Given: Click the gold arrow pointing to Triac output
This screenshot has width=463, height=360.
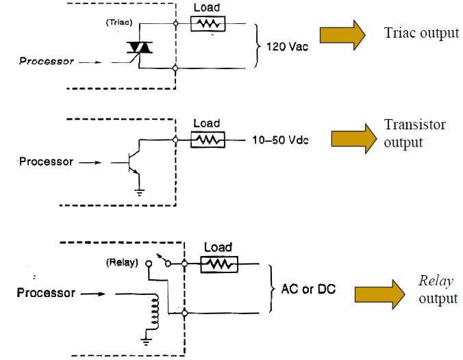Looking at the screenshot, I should pos(344,34).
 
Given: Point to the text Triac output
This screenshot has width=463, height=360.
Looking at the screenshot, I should pos(421,34).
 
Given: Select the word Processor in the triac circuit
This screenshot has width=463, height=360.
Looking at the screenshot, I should pos(47,61).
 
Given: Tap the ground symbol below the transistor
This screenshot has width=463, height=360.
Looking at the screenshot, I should pos(140,192).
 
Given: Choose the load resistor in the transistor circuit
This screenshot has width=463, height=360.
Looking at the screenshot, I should pos(207,140).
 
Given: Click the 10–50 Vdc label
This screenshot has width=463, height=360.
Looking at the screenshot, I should pos(281,140).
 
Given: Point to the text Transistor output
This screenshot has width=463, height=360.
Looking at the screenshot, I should pos(414,133).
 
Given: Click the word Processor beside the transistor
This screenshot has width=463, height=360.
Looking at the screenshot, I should pos(47,162).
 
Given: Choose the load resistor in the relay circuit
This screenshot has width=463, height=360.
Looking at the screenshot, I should pos(218,263).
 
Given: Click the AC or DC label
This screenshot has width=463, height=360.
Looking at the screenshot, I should pos(308,289).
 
